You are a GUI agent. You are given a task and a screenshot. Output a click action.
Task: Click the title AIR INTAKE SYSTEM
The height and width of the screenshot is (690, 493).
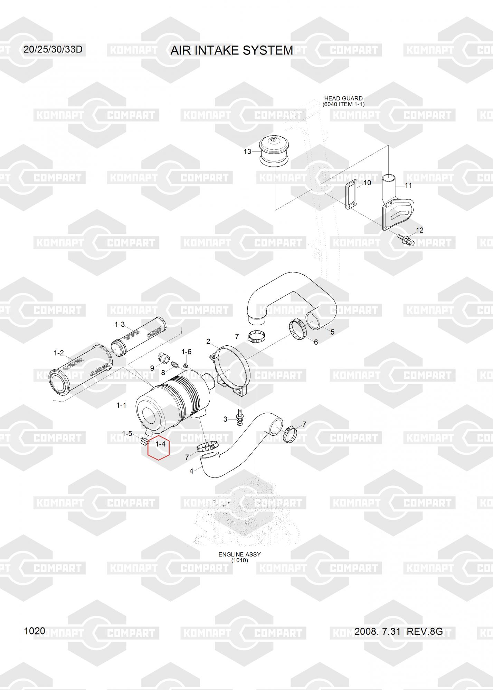tap(232, 50)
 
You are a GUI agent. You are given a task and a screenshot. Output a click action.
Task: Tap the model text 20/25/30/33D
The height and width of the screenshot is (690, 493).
tap(53, 49)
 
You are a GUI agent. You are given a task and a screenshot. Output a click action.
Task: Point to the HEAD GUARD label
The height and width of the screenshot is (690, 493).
tap(343, 98)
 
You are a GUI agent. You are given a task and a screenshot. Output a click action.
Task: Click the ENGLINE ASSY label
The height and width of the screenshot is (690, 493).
tap(239, 554)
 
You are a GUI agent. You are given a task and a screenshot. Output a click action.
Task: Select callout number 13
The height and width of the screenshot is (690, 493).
tap(247, 151)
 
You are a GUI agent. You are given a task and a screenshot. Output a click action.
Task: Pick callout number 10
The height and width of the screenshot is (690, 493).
tap(367, 183)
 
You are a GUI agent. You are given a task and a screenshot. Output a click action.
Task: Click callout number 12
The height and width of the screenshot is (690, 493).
tap(419, 230)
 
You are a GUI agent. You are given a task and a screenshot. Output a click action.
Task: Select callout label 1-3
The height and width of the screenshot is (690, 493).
tap(120, 324)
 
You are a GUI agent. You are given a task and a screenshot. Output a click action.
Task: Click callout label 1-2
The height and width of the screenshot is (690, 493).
tap(59, 353)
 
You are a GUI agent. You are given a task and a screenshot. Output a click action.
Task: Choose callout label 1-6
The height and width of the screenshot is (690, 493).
tap(186, 352)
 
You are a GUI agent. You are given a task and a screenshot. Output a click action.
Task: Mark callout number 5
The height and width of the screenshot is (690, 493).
tap(332, 332)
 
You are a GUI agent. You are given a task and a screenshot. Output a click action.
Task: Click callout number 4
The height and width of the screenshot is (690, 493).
tap(191, 471)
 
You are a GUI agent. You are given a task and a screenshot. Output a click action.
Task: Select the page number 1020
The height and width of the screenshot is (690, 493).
tap(35, 631)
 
